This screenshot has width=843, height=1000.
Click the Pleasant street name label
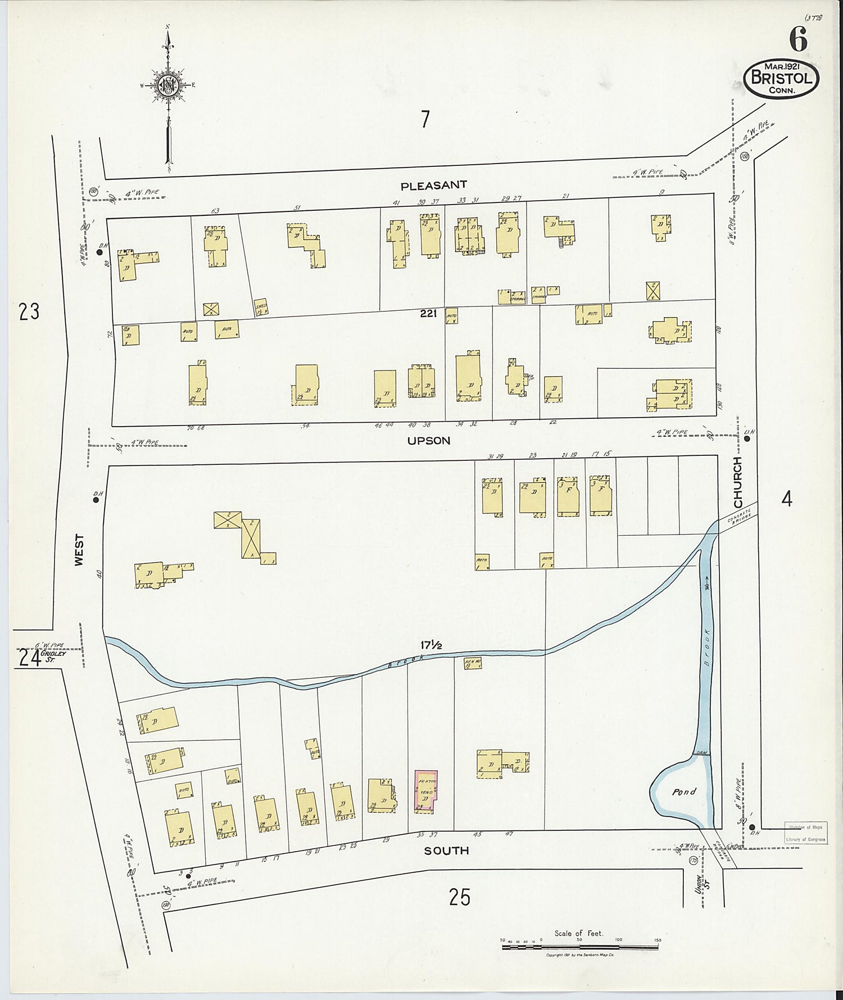(x=433, y=184)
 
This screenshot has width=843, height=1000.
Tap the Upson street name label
(x=429, y=441)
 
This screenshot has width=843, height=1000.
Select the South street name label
(x=446, y=850)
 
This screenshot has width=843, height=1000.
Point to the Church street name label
(x=737, y=481)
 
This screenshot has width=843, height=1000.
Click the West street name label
(x=79, y=550)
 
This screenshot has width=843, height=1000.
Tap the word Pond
(x=684, y=791)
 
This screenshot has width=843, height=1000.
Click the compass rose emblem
(x=168, y=85)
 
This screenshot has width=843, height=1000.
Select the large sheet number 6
(x=798, y=39)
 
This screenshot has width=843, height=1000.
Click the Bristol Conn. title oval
(x=781, y=78)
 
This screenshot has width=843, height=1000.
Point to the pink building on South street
(x=426, y=791)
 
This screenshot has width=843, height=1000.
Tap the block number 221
(x=428, y=314)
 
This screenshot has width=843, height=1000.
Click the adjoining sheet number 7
(x=425, y=119)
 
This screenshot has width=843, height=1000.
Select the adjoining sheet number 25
(x=459, y=897)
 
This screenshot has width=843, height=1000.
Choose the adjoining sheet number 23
(x=29, y=311)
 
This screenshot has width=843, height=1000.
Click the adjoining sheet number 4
(x=787, y=499)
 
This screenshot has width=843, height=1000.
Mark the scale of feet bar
(x=579, y=947)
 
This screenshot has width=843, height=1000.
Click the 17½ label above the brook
(x=431, y=645)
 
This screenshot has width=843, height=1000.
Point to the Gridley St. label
(x=57, y=655)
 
